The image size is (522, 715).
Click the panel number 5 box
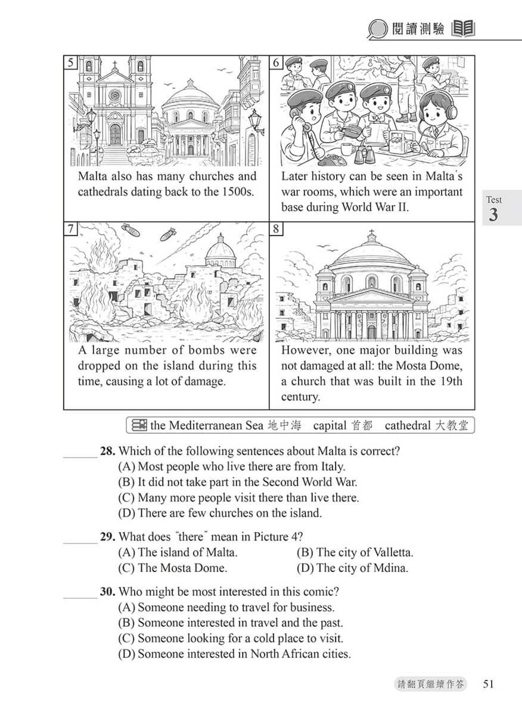click(x=71, y=63)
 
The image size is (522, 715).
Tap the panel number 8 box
click(x=276, y=229)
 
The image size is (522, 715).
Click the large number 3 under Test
click(x=493, y=214)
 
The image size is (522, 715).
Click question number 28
click(x=107, y=452)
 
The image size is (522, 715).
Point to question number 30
click(x=107, y=592)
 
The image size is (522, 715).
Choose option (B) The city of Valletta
click(x=355, y=552)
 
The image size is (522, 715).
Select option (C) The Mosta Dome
click(x=173, y=568)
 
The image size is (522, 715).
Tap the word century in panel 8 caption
click(x=300, y=396)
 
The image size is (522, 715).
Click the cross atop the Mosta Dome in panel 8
click(x=372, y=233)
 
